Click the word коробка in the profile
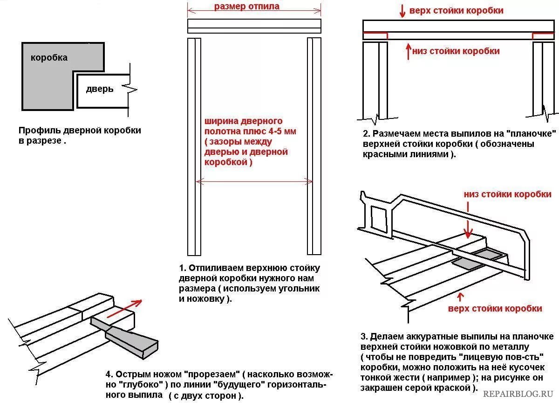coord(49,58)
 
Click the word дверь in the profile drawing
coord(100,89)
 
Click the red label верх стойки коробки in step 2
coord(456,10)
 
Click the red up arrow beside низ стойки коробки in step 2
coord(408,50)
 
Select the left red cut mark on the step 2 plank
coord(375,34)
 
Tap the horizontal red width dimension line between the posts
coord(254,181)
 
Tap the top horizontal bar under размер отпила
coord(254,26)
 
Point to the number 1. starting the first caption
coord(183,268)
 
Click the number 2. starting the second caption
coord(366,134)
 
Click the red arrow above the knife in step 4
coord(124,308)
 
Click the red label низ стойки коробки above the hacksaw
coord(508,194)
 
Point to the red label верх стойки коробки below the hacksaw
coord(495,308)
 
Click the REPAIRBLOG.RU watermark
coord(518,394)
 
